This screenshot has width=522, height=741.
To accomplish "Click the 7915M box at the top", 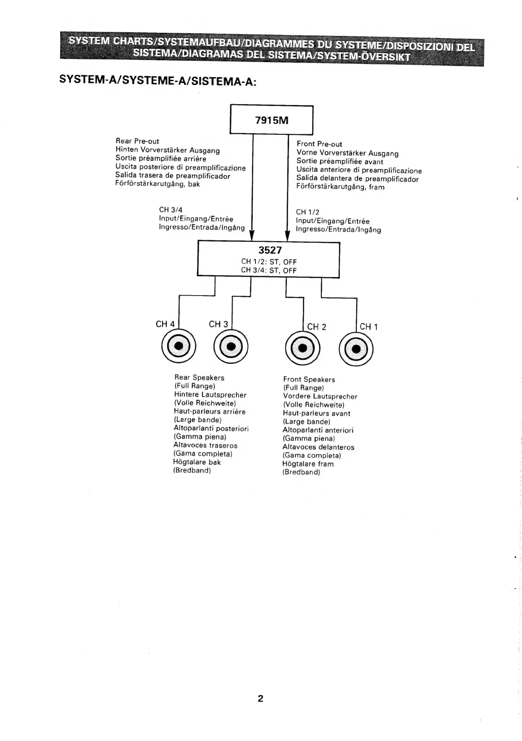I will (271, 120).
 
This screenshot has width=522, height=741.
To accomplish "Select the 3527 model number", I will (270, 250).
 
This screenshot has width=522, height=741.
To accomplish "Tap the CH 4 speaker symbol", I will (178, 346).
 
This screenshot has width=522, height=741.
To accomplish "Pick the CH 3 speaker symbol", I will (231, 346).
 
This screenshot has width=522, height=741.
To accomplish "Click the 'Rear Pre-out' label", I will (137, 141).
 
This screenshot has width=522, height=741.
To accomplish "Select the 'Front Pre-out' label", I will (319, 144).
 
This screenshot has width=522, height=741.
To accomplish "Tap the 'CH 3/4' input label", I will (170, 210).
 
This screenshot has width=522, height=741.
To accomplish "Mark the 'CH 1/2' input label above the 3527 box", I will (307, 212).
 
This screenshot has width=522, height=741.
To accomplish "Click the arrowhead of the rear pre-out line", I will (252, 234).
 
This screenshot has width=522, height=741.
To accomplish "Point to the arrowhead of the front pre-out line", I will (287, 234).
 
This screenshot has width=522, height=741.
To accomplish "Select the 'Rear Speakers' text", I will (199, 378).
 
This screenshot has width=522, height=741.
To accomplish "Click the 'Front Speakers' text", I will (309, 379).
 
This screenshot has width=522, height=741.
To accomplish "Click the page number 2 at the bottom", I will (260, 699).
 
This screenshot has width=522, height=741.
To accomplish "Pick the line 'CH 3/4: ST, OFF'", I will (269, 270).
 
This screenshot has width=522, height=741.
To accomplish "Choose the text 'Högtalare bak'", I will (197, 462).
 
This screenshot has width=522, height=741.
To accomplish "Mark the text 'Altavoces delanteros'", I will (318, 447).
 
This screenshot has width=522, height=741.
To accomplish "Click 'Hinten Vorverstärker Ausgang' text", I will (167, 150).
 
